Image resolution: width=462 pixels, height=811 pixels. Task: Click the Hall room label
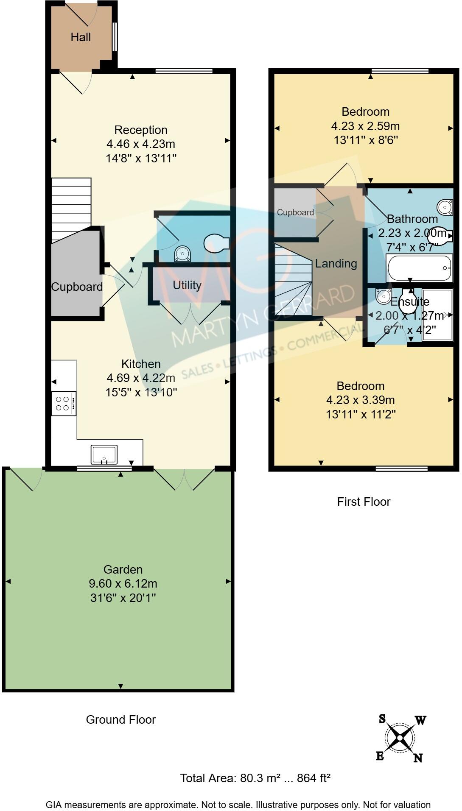[x=81, y=37]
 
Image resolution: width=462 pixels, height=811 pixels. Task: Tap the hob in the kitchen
[x=64, y=403]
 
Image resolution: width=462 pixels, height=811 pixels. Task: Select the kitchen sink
[x=104, y=454]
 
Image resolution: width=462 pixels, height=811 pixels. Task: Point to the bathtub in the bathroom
[x=419, y=268]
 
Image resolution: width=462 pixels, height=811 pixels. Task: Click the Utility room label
[x=187, y=285]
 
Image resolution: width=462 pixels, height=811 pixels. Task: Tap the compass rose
[x=400, y=738]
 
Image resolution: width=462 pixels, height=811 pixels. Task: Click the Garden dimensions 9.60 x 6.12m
[x=123, y=584]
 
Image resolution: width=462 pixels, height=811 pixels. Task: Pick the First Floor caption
[x=364, y=502]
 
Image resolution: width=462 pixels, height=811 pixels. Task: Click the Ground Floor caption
[x=121, y=720]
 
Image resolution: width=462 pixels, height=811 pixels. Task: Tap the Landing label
[x=336, y=264]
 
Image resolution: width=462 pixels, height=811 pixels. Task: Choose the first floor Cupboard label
[x=295, y=212]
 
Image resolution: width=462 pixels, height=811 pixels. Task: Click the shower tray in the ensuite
[x=437, y=314]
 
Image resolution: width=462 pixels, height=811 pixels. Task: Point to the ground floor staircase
[x=71, y=208]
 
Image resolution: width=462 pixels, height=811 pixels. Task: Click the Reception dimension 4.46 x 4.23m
[x=141, y=144]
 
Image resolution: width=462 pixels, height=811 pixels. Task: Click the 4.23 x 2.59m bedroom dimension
[x=365, y=126]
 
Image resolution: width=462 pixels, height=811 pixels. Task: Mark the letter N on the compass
[x=418, y=758]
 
